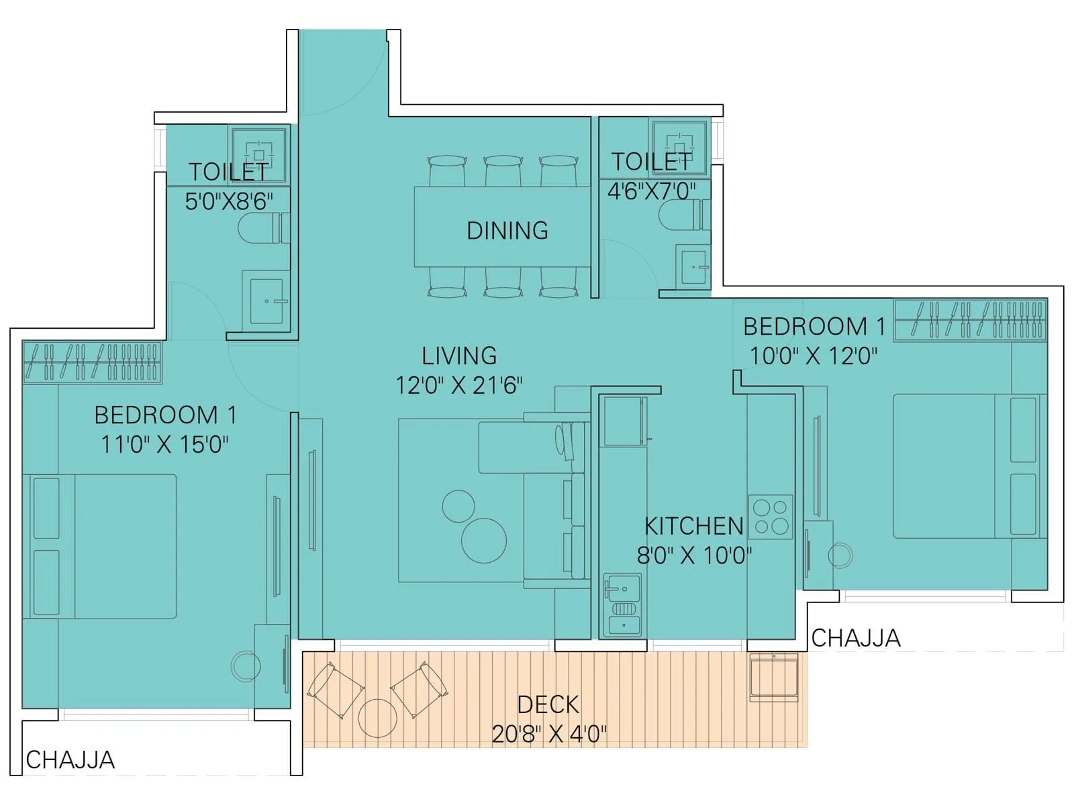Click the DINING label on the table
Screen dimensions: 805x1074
tap(507, 231)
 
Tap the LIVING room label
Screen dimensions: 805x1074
tap(459, 356)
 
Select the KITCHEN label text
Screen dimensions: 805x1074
tap(693, 527)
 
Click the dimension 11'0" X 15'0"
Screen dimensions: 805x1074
tap(164, 444)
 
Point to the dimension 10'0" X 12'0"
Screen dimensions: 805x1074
tap(813, 356)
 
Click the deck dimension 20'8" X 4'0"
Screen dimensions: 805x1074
tap(548, 734)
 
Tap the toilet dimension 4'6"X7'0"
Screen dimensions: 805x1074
tap(651, 192)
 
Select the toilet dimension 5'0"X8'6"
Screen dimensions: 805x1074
tap(229, 201)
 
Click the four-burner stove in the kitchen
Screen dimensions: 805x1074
tap(771, 517)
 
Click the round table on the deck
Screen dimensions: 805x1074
tap(377, 718)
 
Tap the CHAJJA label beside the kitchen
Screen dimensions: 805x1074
tap(855, 638)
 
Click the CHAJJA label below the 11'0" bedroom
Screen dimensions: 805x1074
tap(70, 760)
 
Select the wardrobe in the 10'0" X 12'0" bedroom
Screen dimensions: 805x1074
tap(970, 319)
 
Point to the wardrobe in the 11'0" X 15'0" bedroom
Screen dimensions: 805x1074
tap(92, 362)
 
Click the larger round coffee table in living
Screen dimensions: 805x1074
tap(484, 541)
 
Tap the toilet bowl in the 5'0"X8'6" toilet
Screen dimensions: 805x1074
tap(258, 229)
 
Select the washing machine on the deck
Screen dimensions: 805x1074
tap(773, 678)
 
